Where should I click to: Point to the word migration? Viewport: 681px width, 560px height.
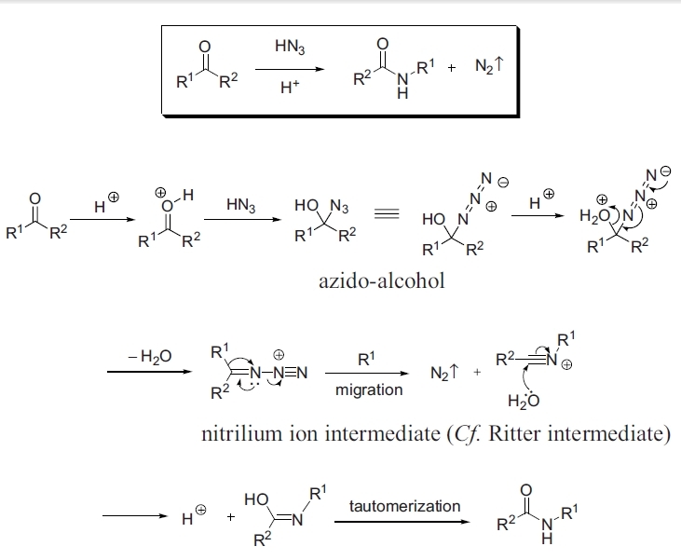coord(369,390)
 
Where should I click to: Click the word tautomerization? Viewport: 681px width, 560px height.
coord(404,506)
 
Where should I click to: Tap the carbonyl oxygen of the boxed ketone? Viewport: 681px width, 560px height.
coord(206,48)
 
